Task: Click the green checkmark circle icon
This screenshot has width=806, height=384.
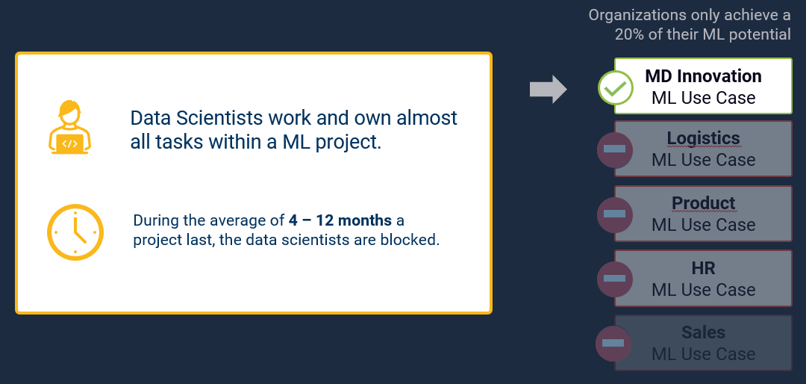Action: pos(616,88)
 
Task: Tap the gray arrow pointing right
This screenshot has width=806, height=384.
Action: pos(548,89)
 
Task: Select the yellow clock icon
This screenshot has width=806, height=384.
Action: pos(75,232)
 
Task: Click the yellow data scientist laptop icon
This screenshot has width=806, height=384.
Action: pos(69,127)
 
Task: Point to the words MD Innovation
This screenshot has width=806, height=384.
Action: pos(703,76)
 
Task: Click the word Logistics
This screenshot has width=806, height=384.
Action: pos(703,138)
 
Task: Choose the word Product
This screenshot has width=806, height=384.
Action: pos(703,202)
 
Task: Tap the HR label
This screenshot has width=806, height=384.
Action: pos(703,267)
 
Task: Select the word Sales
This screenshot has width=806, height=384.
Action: pos(703,332)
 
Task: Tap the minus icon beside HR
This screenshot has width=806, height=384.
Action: pos(614,279)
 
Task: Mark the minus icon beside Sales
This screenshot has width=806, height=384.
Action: pos(613,344)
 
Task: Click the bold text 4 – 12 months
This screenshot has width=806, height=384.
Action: pos(340,221)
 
